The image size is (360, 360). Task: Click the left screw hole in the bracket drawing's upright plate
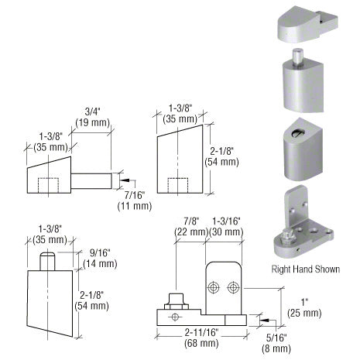(213, 287)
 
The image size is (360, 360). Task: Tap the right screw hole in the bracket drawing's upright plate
(233, 287)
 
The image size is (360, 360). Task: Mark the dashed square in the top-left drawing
(51, 186)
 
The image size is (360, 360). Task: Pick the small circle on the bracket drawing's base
(176, 317)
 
